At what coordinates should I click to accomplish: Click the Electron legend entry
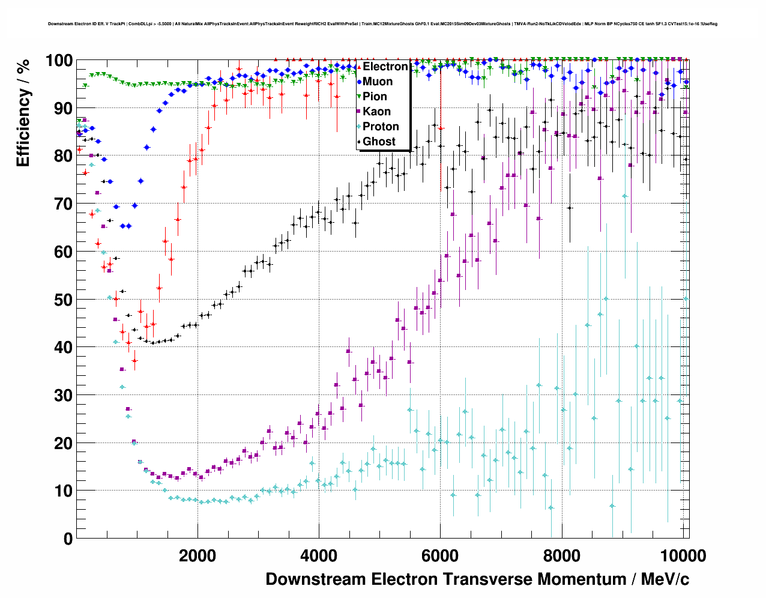[x=385, y=67]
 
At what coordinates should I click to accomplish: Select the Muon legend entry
[x=378, y=82]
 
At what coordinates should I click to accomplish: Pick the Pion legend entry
[x=375, y=97]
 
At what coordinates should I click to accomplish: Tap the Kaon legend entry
[x=376, y=112]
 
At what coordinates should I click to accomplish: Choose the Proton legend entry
[x=381, y=127]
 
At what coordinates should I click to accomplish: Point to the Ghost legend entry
[x=379, y=142]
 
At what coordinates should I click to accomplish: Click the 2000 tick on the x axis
[x=198, y=555]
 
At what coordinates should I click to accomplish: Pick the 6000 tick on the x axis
[x=440, y=555]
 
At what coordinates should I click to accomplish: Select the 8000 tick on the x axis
[x=561, y=555]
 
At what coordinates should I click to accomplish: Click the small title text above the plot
[x=382, y=24]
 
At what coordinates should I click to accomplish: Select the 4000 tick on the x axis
[x=319, y=555]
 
